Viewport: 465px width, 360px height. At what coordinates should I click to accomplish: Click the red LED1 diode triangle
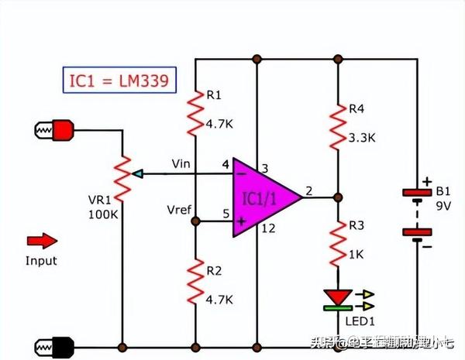click(x=338, y=297)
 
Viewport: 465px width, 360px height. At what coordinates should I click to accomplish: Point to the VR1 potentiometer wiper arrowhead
click(x=136, y=173)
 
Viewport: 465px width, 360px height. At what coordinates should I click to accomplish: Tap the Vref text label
click(x=180, y=211)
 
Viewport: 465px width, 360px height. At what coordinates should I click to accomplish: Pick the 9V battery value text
click(x=443, y=207)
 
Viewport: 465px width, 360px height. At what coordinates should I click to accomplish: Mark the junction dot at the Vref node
click(x=195, y=221)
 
